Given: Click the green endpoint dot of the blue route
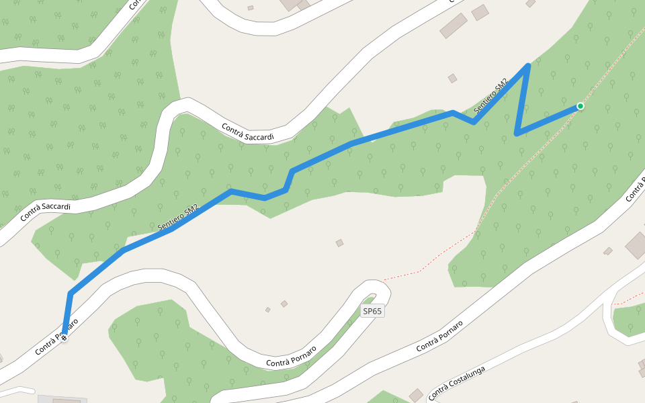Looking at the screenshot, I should (580, 106).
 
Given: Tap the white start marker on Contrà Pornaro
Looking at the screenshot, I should (64, 337).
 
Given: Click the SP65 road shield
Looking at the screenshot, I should (373, 312).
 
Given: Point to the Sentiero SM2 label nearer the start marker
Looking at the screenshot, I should (178, 218).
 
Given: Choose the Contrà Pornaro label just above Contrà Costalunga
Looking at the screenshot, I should (439, 336).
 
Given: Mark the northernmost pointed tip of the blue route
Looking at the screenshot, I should (528, 65).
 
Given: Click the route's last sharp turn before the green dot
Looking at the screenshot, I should (516, 134).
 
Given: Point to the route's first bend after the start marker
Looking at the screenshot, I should (71, 294).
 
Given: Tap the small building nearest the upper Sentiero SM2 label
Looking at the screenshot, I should (452, 79).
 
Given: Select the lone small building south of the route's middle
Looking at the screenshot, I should (339, 243).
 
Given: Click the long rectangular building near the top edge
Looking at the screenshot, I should (454, 26).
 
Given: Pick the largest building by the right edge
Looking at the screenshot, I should (636, 245).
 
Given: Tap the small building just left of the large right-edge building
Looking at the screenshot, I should (607, 251).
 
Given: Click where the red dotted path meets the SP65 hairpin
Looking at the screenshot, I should (383, 279).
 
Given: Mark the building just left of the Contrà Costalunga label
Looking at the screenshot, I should (416, 394).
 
